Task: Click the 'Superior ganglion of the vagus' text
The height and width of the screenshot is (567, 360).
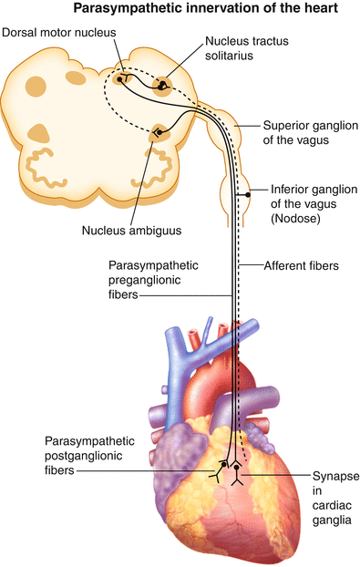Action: pos(304,131)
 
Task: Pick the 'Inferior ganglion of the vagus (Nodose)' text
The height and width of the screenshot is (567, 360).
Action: pos(314,205)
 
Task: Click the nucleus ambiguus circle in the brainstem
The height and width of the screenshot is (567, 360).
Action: pos(160,133)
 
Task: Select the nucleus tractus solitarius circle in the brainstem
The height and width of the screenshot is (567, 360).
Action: pos(164,85)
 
